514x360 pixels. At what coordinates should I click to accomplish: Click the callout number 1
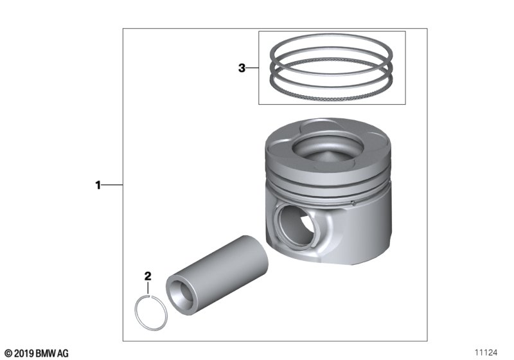[98, 185]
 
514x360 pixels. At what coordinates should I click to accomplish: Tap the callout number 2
[148, 276]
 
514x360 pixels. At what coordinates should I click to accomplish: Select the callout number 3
[242, 68]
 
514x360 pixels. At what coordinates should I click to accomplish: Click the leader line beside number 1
[112, 185]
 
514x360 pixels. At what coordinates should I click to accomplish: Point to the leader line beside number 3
[252, 68]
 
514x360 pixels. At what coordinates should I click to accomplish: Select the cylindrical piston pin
[218, 275]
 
